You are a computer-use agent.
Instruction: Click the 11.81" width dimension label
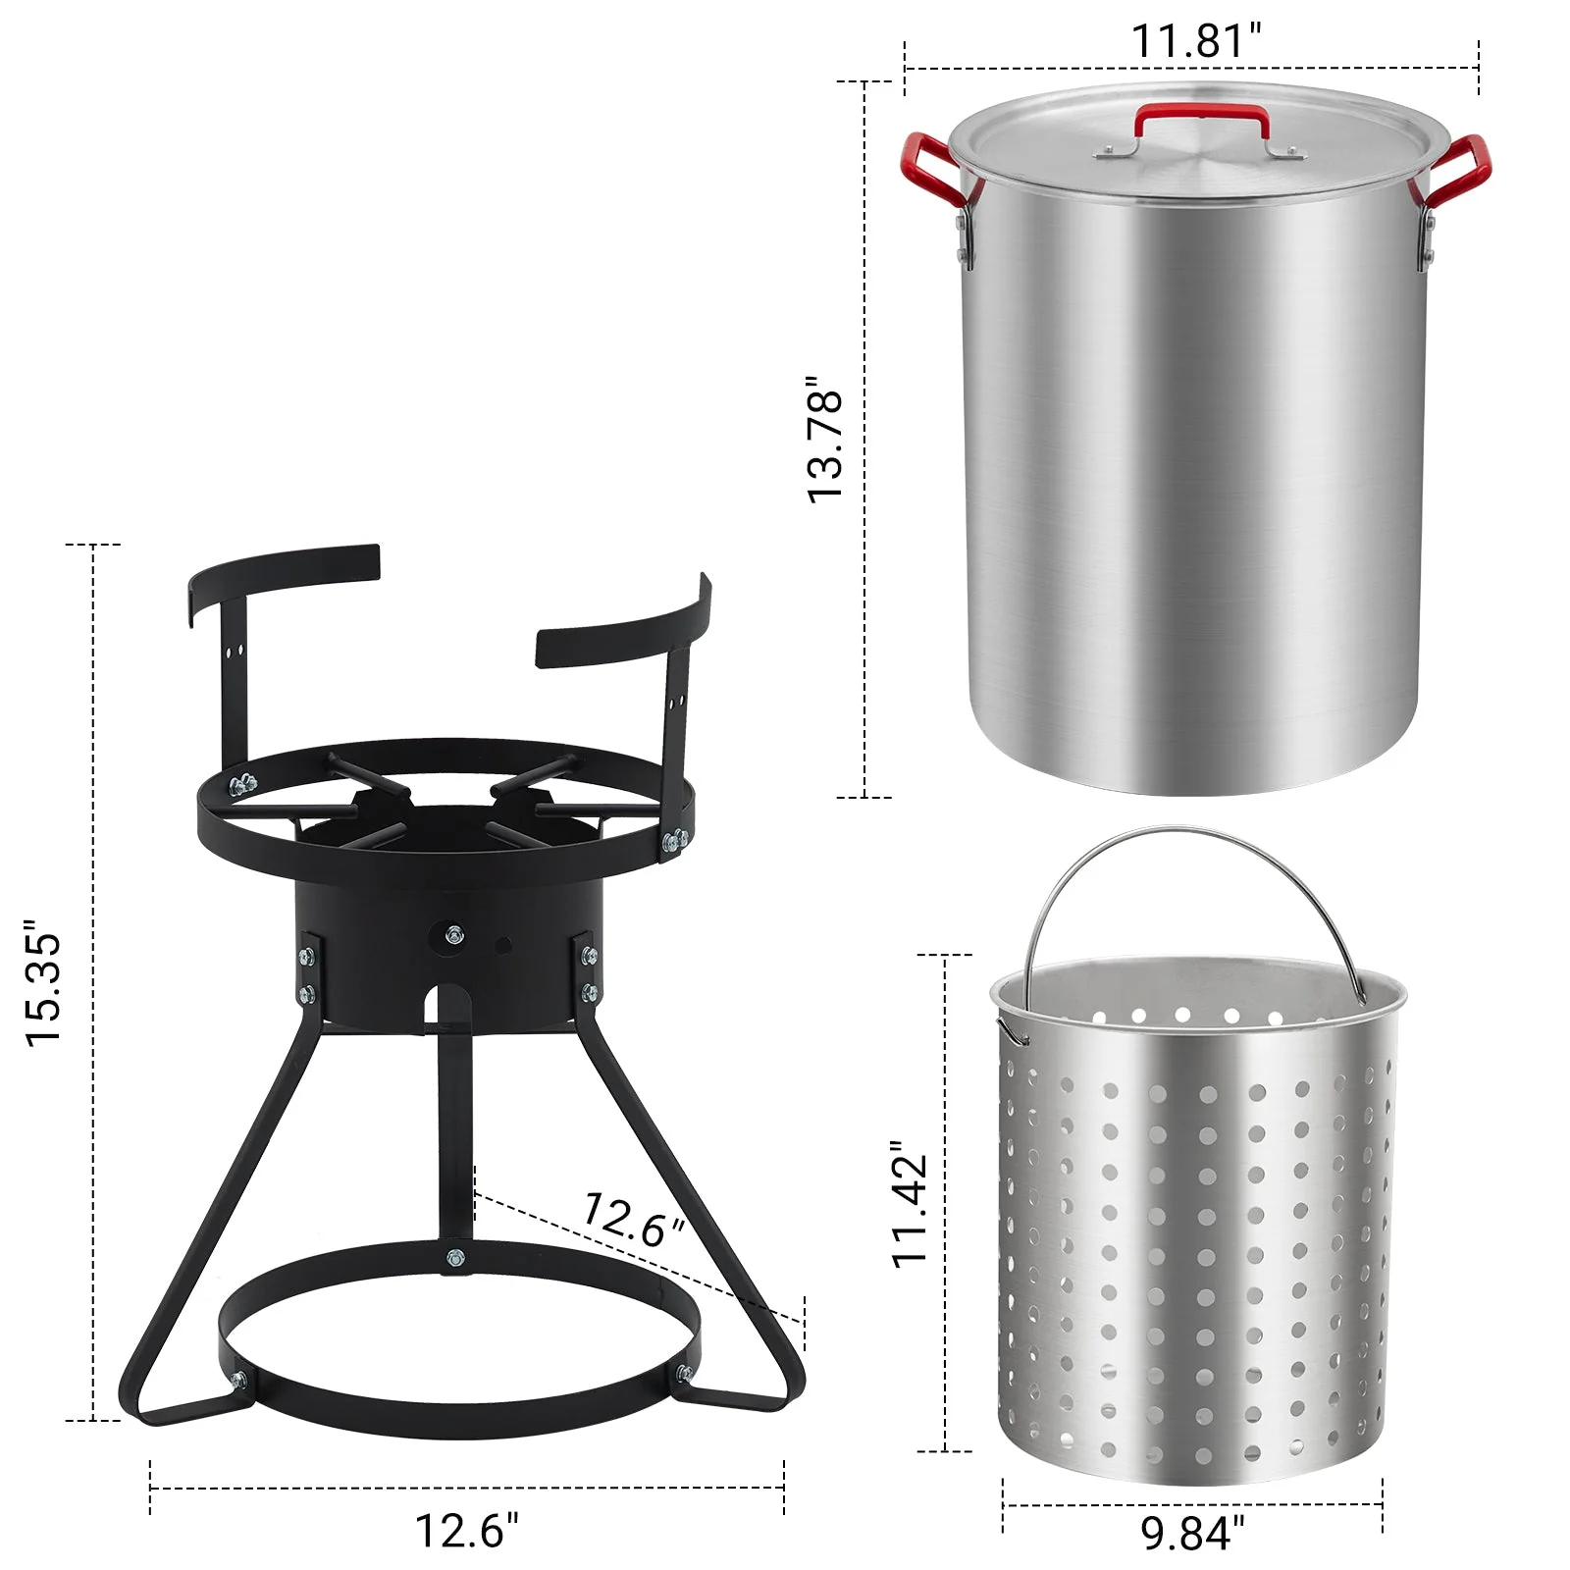1195,41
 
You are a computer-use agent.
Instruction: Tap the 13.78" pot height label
825,440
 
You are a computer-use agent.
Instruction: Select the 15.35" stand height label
44,983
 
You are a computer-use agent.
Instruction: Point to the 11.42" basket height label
910,1205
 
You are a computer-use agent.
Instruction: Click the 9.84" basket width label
1192,1533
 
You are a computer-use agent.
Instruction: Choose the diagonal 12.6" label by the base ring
633,1220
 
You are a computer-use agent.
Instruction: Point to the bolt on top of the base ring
454,1257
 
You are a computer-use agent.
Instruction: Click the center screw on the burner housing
453,935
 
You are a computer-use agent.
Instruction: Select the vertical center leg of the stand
454,1128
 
